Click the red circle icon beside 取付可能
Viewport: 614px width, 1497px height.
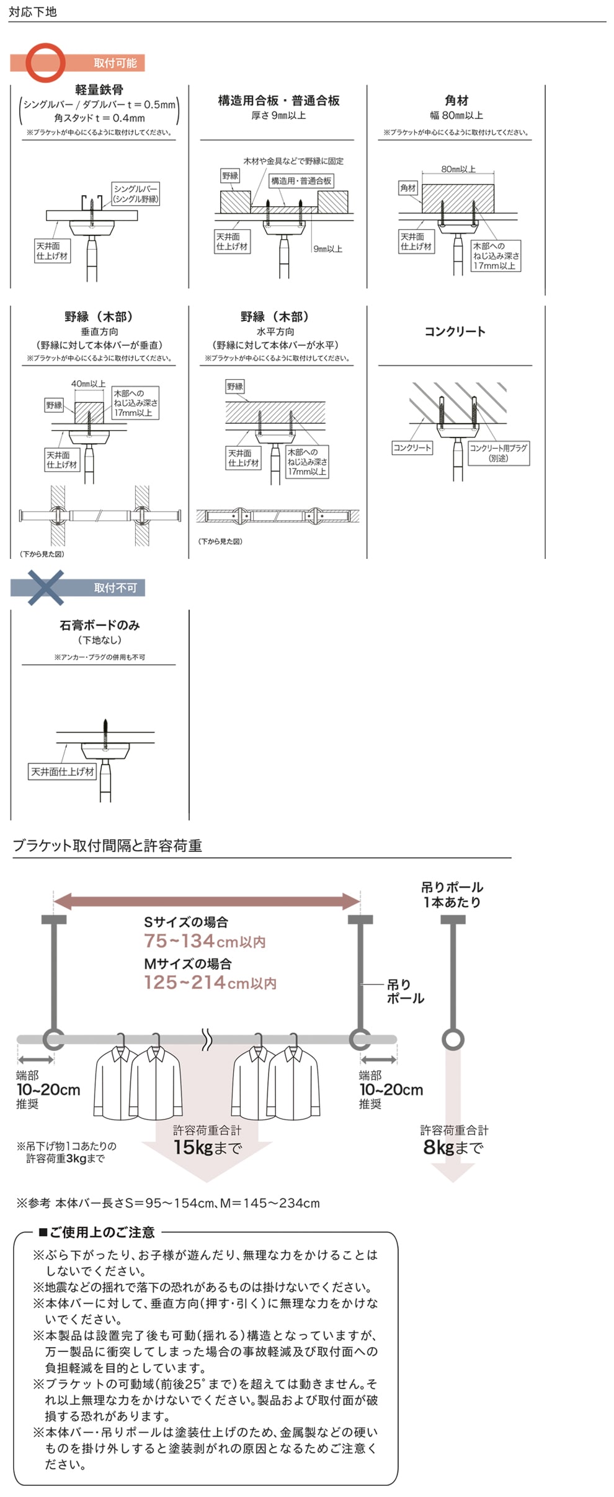pos(45,63)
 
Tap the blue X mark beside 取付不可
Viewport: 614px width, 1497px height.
pos(45,587)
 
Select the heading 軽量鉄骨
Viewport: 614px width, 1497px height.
pos(99,90)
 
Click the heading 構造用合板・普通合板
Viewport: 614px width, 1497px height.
pos(278,100)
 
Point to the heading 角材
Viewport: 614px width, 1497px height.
pos(456,100)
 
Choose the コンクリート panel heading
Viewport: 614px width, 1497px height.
pos(455,331)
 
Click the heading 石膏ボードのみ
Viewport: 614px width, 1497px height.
pos(99,625)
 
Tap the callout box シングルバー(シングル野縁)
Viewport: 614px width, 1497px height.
pos(135,193)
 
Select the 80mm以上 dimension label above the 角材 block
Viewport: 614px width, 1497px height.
pos(458,169)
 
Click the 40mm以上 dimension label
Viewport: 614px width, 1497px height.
pos(88,384)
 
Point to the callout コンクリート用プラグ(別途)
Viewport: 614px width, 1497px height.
pos(498,452)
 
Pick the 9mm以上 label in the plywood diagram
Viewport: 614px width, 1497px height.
pos(327,248)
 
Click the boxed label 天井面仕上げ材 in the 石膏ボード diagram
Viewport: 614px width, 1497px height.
pos(63,771)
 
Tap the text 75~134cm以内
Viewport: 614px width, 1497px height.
pos(205,941)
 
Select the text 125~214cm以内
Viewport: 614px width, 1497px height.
pos(210,983)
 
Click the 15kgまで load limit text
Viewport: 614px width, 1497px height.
pos(207,1148)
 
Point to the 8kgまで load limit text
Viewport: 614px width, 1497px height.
pos(453,1148)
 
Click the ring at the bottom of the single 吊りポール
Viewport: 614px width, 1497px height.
pos(453,1040)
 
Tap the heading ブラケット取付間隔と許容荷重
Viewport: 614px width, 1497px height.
pos(107,846)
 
